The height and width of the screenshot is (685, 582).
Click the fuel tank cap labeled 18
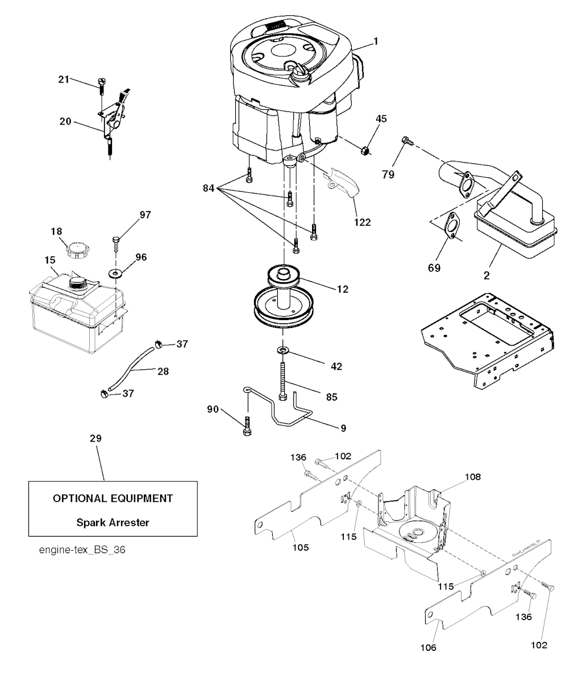point(75,249)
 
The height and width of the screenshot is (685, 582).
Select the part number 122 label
point(360,222)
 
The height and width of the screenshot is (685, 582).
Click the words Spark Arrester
point(113,522)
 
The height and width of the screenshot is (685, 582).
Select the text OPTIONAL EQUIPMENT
point(113,499)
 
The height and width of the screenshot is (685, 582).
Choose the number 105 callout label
point(301,548)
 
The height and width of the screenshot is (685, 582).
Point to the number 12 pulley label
point(342,289)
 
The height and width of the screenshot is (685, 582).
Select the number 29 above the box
point(96,439)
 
